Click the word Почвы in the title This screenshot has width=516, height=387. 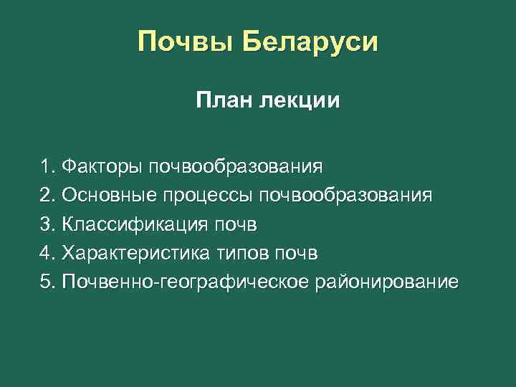(186, 43)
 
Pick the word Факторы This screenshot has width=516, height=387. (102, 167)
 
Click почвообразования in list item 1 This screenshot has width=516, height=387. (236, 167)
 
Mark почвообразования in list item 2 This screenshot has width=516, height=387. (346, 196)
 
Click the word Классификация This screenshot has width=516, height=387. (134, 224)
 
